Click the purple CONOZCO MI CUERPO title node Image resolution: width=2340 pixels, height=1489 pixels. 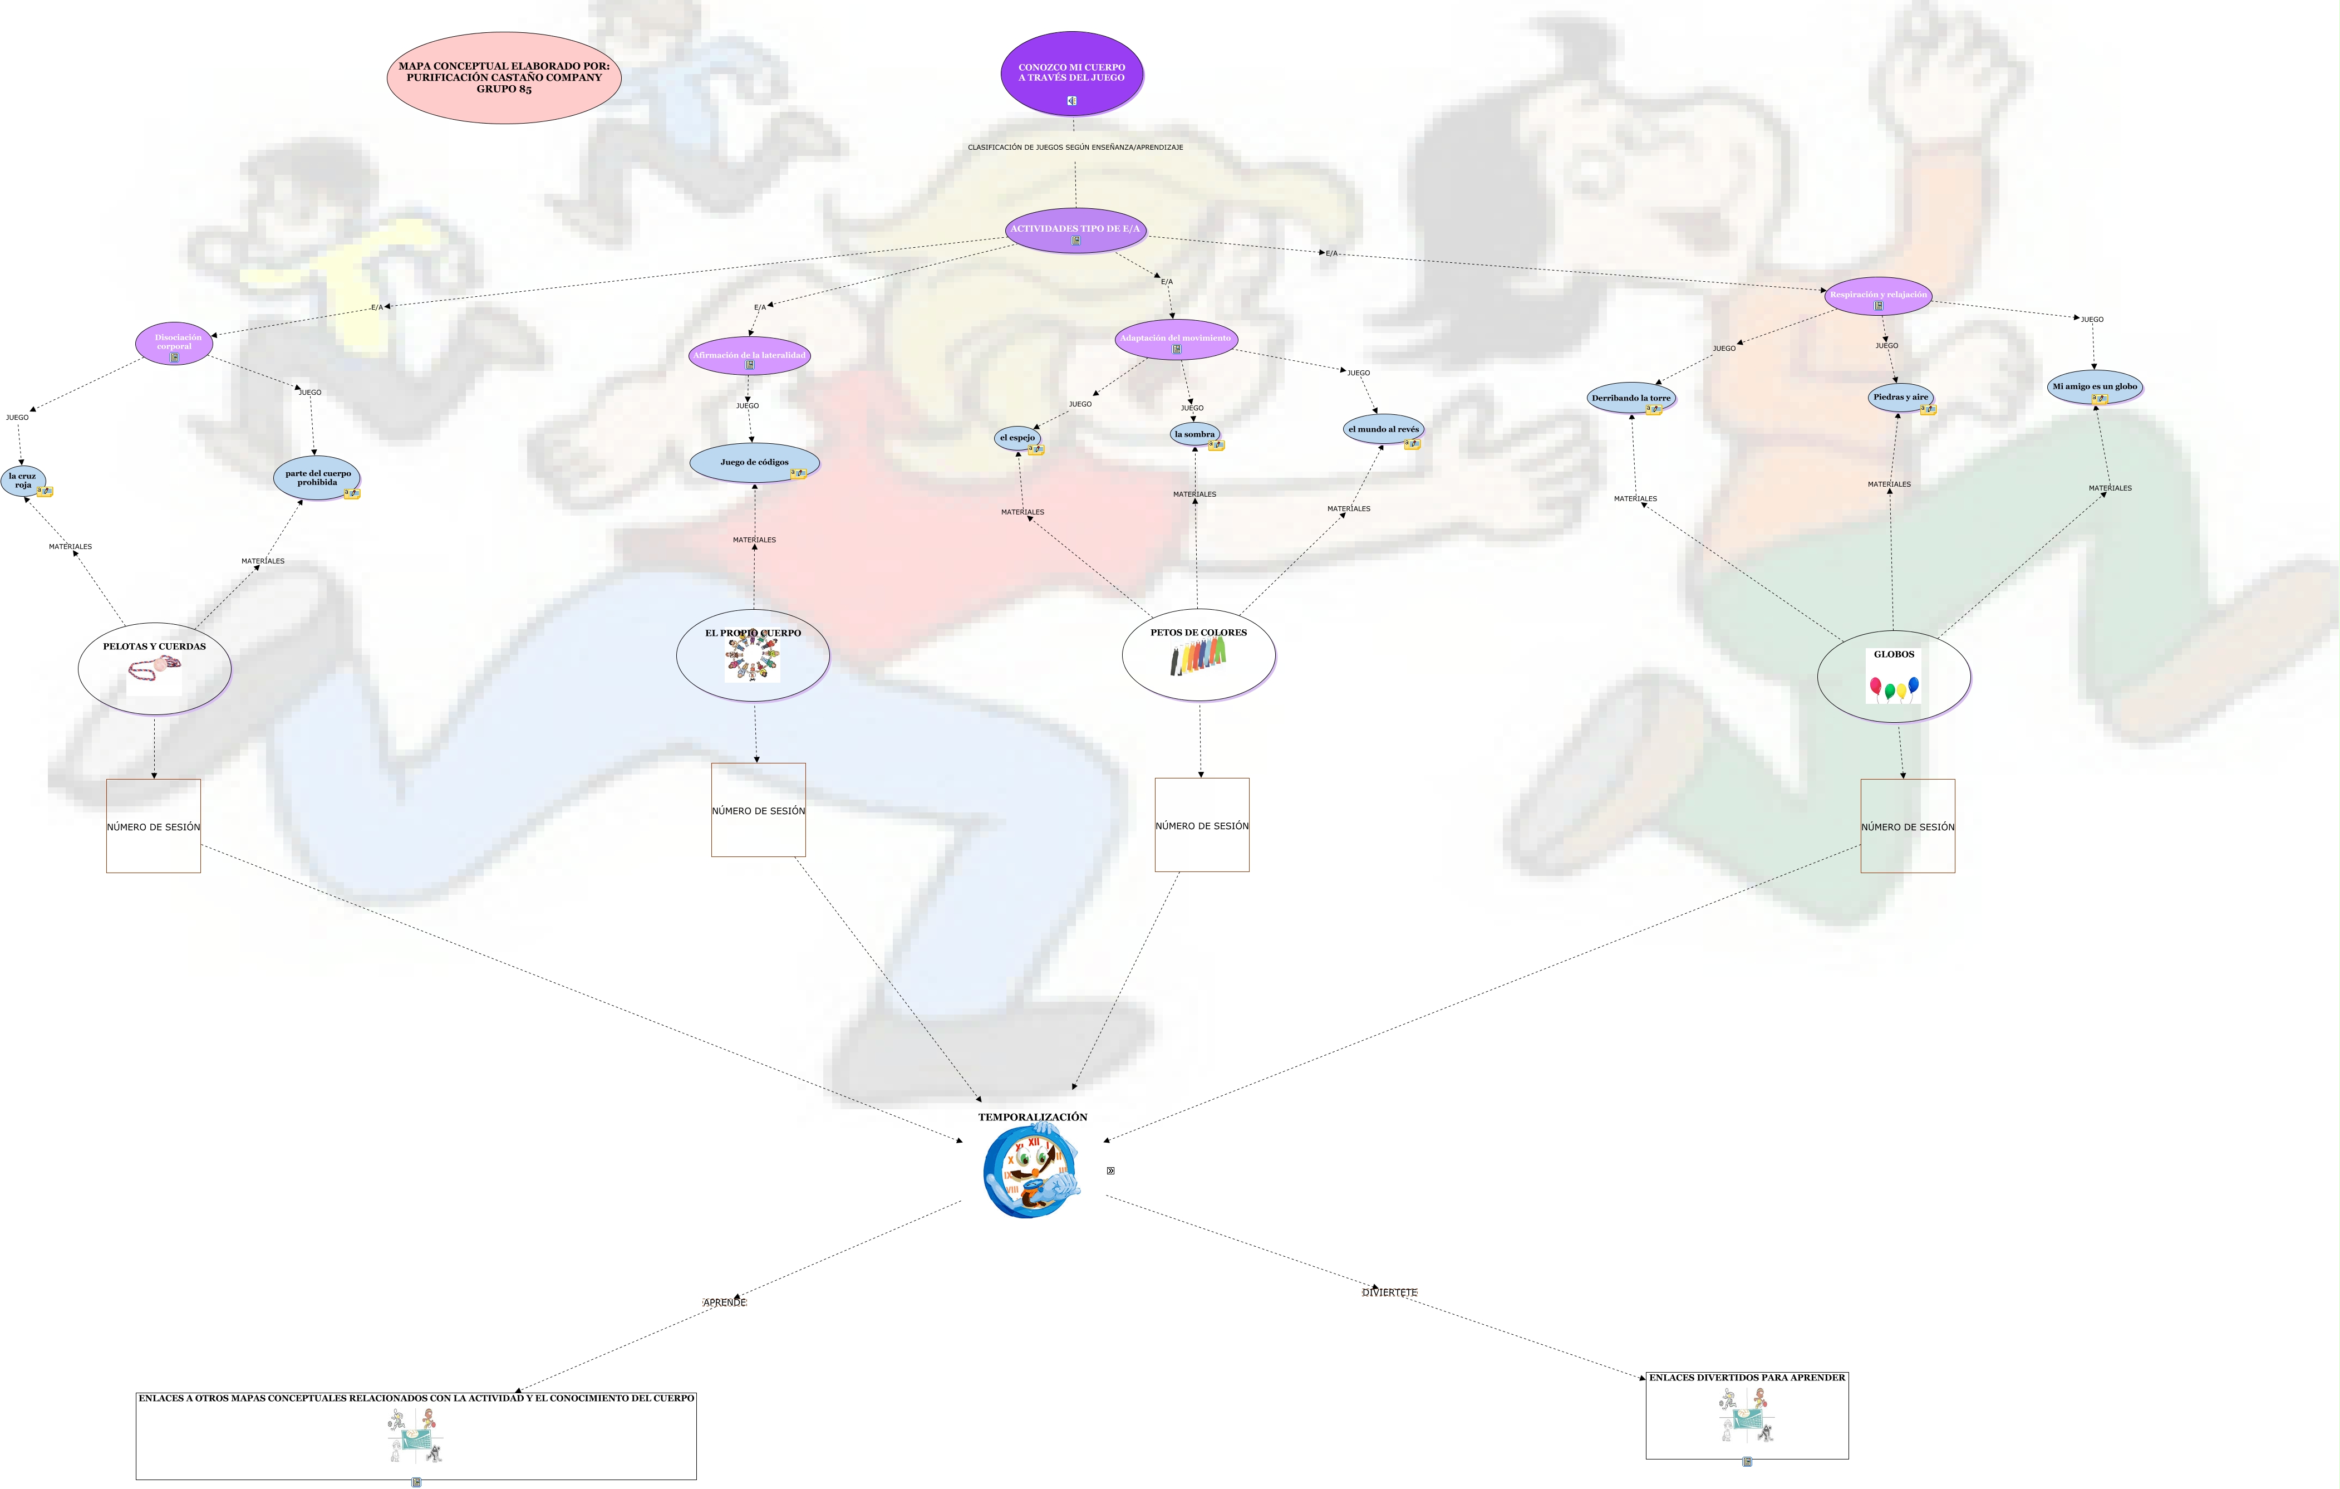1072,73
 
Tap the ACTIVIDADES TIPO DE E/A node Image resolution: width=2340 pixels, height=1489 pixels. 1075,231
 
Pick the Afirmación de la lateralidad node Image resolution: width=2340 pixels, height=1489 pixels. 749,356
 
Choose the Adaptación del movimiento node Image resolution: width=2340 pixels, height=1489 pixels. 1176,339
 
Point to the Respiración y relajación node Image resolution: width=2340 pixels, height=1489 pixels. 1877,296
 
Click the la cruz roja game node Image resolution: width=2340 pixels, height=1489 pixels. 22,480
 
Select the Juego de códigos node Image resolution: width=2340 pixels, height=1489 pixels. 754,463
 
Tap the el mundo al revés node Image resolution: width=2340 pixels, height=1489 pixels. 1383,429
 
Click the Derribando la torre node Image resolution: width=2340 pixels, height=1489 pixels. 1631,398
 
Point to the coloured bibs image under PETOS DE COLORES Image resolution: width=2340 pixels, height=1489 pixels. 1198,658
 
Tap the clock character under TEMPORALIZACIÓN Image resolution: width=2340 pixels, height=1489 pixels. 1032,1171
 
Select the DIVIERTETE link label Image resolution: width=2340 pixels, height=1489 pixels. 1390,1292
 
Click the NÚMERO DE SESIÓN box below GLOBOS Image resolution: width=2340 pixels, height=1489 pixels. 1906,826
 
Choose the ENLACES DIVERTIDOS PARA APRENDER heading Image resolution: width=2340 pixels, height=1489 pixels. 1746,1377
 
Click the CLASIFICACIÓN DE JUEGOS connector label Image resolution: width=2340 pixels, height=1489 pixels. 1075,148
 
